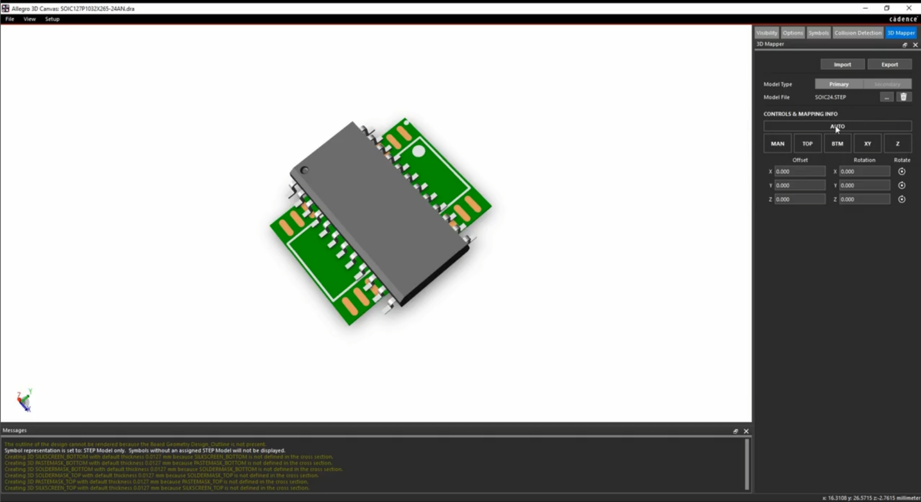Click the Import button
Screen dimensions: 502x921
(x=842, y=64)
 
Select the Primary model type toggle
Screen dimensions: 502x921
(x=839, y=84)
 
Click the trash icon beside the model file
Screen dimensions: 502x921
(x=903, y=97)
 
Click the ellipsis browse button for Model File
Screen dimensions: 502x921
(x=886, y=97)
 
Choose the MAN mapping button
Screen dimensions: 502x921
(x=777, y=144)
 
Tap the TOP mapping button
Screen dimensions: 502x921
(x=807, y=144)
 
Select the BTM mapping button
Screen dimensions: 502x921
(x=837, y=144)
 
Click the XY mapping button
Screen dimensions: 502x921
(x=867, y=144)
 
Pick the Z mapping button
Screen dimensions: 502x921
(x=898, y=144)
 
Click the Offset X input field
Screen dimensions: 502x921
(x=800, y=172)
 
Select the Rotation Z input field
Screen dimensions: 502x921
(x=864, y=199)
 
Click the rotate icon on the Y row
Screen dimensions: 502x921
(x=902, y=185)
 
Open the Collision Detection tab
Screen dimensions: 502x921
(x=858, y=33)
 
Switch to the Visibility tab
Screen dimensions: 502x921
(x=766, y=33)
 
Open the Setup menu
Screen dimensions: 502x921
(x=52, y=19)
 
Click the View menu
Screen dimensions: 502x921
(x=30, y=19)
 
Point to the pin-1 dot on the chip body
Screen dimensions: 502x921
(x=304, y=170)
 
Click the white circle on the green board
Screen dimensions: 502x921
(x=418, y=151)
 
